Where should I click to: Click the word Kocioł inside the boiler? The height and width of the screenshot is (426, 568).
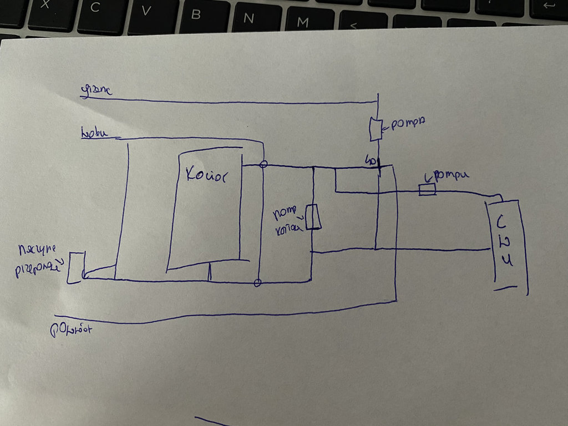pyautogui.click(x=205, y=174)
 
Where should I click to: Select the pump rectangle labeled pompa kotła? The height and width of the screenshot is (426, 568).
pyautogui.click(x=313, y=216)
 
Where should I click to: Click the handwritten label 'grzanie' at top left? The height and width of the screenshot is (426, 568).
pyautogui.click(x=97, y=90)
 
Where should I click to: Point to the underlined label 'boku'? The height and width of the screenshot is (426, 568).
pyautogui.click(x=94, y=134)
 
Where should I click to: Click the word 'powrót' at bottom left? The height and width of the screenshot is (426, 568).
pyautogui.click(x=70, y=329)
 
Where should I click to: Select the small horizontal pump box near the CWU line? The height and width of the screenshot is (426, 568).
pyautogui.click(x=427, y=190)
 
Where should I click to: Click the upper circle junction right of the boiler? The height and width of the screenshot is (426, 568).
pyautogui.click(x=264, y=164)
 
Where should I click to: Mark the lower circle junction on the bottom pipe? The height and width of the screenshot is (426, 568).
pyautogui.click(x=257, y=283)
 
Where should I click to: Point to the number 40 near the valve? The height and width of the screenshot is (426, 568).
pyautogui.click(x=369, y=161)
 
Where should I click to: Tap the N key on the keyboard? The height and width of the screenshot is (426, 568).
pyautogui.click(x=249, y=18)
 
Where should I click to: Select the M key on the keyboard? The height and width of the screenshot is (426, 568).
pyautogui.click(x=303, y=22)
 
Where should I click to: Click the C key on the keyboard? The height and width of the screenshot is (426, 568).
pyautogui.click(x=95, y=8)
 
